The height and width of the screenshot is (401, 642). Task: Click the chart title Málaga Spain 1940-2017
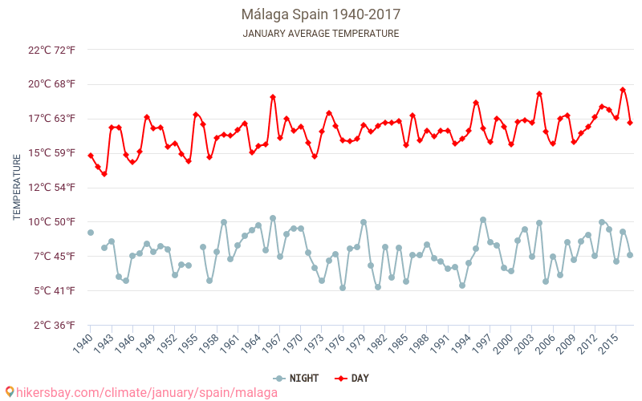[x=320, y=14]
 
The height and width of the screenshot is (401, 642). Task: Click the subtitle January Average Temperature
[x=320, y=34]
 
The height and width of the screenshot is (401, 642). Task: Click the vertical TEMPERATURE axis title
[x=17, y=188]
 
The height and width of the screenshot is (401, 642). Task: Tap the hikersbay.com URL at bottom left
[x=140, y=392]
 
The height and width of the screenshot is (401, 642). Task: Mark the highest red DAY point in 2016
[x=623, y=90]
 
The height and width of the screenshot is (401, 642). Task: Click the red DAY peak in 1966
[x=273, y=97]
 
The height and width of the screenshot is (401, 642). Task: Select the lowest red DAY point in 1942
[x=104, y=174]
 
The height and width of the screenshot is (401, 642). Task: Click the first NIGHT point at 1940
[x=91, y=233]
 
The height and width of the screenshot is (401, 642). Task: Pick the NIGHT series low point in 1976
[x=343, y=288]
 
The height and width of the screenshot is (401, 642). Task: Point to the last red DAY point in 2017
[x=630, y=123]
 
